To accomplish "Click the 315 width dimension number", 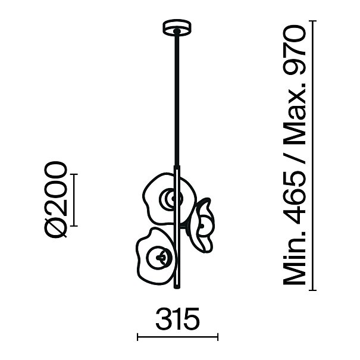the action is pos(177,319).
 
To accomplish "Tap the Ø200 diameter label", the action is pos(56,199).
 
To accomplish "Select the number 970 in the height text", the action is pos(295,51).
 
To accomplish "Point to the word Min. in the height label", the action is pos(295,258).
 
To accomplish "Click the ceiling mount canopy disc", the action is pos(177,27).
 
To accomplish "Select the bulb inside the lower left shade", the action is pos(159,258).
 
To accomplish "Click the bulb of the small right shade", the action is pos(202,226).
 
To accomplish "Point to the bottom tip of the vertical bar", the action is pos(177,289).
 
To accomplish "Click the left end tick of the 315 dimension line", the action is pos(137,337).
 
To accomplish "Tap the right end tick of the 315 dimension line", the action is pos(218,337).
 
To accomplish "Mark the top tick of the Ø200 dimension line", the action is pos(74,174).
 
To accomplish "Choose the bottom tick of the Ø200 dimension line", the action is pos(74,226).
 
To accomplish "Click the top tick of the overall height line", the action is pos(312,21).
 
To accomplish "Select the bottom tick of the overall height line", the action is pos(312,290).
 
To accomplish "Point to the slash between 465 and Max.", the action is pos(295,159).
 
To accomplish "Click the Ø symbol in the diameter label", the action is pos(56,227).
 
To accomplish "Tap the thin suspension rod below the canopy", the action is pos(177,99).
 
